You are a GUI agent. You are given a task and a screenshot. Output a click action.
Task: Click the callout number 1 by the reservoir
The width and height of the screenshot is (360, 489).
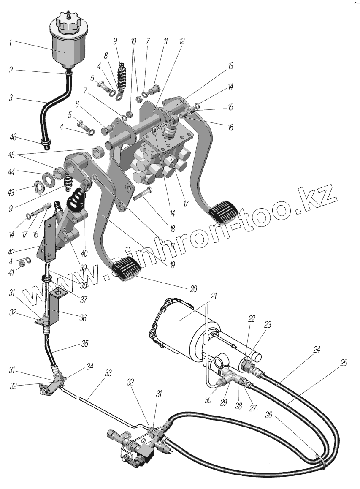pos(11,43)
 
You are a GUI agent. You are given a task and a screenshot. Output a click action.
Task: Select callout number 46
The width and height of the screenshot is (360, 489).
pos(13,137)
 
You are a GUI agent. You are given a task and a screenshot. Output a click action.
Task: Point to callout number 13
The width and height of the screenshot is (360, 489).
pos(231,67)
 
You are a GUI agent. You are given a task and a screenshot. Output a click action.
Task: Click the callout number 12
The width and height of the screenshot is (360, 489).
pos(182,41)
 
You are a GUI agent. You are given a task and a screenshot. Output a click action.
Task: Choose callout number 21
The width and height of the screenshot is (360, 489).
pos(214,296)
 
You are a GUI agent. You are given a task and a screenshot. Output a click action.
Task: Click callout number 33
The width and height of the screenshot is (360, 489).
pos(108,373)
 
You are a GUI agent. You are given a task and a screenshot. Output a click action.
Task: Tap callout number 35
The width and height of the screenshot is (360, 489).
pos(85,344)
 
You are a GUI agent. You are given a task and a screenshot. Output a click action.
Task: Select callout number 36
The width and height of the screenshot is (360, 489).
pos(83,318)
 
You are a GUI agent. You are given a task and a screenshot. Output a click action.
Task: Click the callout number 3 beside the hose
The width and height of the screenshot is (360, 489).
pos(11,99)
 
